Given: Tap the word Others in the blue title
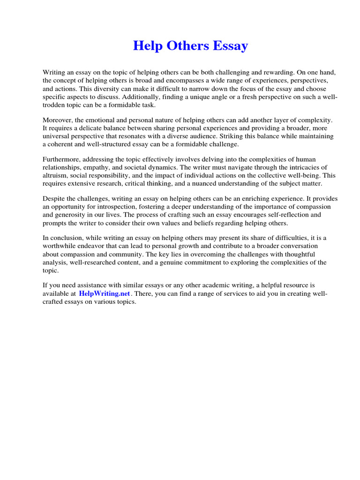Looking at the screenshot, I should tap(186, 46).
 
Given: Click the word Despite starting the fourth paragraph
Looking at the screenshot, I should tap(54, 199).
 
